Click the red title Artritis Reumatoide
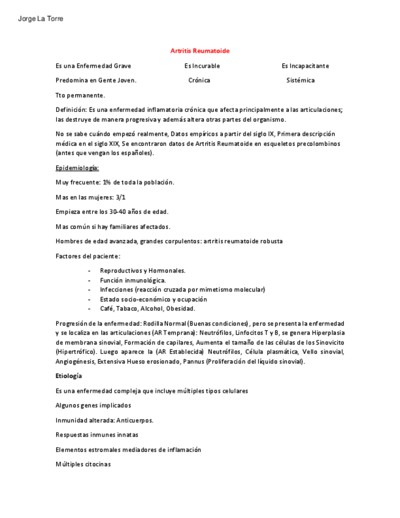point(200,51)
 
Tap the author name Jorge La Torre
point(41,19)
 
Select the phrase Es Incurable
point(202,66)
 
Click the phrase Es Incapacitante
point(305,66)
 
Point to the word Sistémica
point(300,81)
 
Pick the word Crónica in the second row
point(199,81)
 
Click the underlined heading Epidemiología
point(77,168)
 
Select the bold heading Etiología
point(68,376)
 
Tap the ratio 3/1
point(120,197)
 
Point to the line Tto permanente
point(80,95)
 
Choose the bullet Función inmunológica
point(133,280)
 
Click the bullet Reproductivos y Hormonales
point(142,271)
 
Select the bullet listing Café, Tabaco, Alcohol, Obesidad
point(147,309)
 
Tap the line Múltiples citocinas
point(83,465)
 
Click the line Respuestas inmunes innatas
point(96,435)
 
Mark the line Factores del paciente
point(88,256)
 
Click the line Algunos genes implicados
point(93,406)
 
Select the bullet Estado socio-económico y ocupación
point(153,299)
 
